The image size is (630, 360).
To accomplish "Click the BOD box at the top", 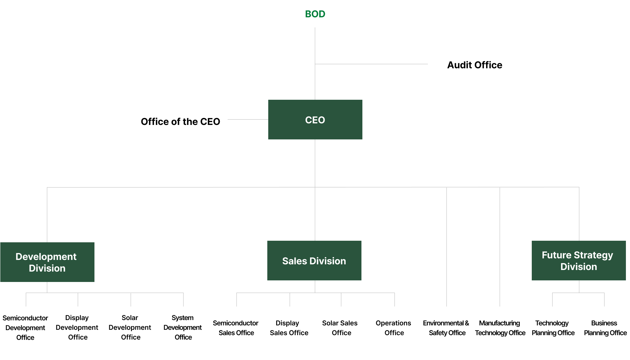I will point(315,14).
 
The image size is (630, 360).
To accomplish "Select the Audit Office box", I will point(474,65).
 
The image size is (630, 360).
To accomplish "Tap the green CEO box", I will point(315,120).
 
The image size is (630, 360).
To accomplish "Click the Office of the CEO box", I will point(180,121).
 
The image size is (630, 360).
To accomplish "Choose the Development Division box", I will point(47,262).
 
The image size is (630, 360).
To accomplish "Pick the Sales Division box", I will point(314,261).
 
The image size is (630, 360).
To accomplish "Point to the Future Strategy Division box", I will point(578,261).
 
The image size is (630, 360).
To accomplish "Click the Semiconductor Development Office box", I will point(25,328).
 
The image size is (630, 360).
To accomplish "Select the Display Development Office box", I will point(78,328).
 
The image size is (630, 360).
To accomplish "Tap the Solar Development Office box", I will point(131,328).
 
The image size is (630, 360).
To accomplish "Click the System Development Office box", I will point(183,328).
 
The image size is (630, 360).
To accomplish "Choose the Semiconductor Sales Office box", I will point(236,328).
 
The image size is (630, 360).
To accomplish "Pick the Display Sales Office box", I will point(289,328).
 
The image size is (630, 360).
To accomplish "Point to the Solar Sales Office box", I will point(342,328).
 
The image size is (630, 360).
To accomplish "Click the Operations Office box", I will point(394,328).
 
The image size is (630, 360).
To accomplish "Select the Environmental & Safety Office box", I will point(447,328).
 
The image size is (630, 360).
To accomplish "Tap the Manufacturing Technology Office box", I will point(500,328).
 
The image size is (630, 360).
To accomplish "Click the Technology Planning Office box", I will point(553,328).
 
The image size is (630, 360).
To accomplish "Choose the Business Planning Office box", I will point(605,328).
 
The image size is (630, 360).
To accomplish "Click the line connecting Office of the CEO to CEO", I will point(248,119).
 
